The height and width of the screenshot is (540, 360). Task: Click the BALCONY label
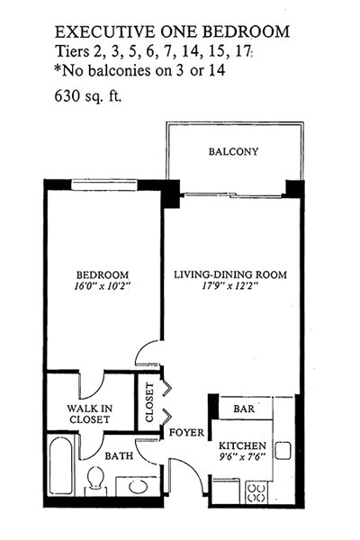pos(233,151)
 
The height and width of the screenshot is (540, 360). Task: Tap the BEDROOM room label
pos(103,275)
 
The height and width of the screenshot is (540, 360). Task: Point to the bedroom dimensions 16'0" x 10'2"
pos(103,286)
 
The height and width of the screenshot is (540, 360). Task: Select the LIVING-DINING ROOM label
pos(230,274)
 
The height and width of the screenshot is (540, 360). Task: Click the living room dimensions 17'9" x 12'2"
pos(230,286)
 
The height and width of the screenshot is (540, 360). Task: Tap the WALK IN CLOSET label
pos(90,414)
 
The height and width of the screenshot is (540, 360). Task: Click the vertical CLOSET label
pos(149,402)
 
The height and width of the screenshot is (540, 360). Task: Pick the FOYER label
pos(186,433)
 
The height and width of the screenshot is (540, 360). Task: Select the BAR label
pos(244,409)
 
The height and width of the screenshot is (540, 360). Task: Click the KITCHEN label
pos(242,445)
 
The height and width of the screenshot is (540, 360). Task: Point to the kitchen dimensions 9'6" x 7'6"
pos(242,456)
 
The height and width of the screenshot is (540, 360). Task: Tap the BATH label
pos(119,456)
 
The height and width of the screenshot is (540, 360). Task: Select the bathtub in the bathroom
pos(60,466)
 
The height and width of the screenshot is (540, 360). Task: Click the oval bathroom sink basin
pos(139,487)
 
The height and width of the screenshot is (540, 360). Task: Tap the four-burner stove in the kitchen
pos(256,493)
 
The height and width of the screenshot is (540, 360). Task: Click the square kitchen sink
pos(283,451)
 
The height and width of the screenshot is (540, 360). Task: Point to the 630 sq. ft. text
pos(88,96)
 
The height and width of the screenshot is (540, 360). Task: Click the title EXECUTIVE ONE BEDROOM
pos(172,31)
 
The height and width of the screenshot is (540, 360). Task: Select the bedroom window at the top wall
pos(104,184)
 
